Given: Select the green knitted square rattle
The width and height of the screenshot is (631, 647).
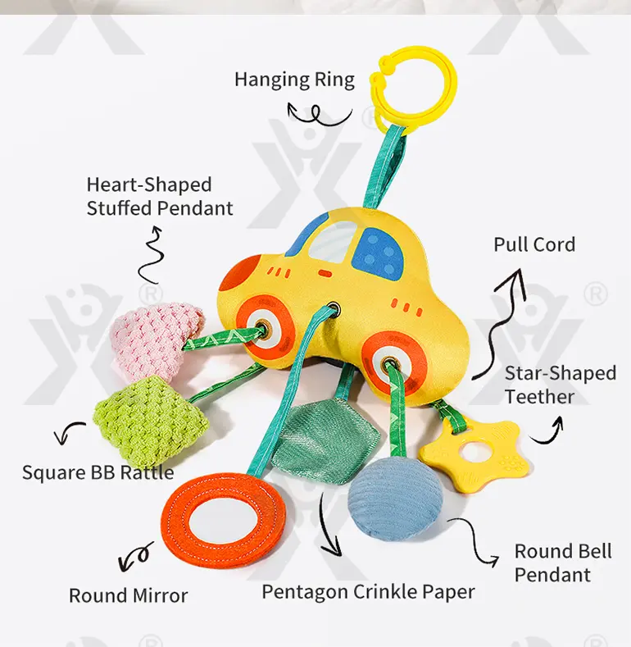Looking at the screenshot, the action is [151, 418].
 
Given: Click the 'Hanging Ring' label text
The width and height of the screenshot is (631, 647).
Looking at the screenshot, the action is [294, 80].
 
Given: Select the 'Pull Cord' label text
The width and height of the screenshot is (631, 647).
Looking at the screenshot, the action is [534, 244].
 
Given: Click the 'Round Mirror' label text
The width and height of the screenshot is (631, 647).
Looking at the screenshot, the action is [129, 595].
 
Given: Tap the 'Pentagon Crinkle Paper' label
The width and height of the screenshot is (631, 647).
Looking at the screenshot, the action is [368, 592].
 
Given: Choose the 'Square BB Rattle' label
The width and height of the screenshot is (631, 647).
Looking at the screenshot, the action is [98, 473].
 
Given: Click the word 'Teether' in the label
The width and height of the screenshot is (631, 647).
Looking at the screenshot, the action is [539, 397].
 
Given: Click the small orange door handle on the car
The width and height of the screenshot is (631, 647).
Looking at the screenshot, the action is [325, 273].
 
